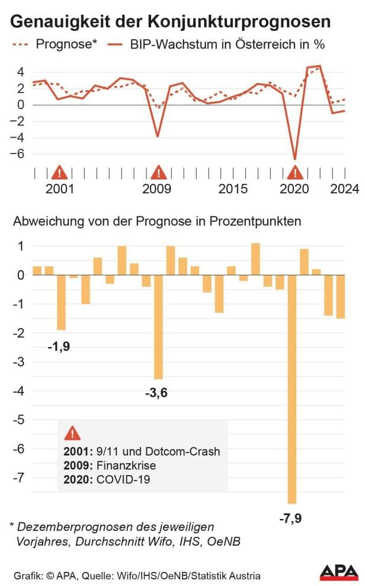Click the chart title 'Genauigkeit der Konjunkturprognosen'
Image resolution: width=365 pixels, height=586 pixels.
171,22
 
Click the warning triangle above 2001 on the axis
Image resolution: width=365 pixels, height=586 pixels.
59,173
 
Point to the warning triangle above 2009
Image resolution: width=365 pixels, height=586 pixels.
158,173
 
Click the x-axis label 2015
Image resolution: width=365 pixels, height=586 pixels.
233,189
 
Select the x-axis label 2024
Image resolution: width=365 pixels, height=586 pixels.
344,189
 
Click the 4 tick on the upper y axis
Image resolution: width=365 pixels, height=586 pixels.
20,72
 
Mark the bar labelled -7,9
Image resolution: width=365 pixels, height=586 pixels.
292,388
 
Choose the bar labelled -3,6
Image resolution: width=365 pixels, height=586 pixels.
158,327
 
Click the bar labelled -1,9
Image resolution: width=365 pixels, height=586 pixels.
61,302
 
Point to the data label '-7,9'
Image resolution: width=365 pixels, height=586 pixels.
291,519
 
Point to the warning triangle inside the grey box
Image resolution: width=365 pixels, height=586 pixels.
72,434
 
